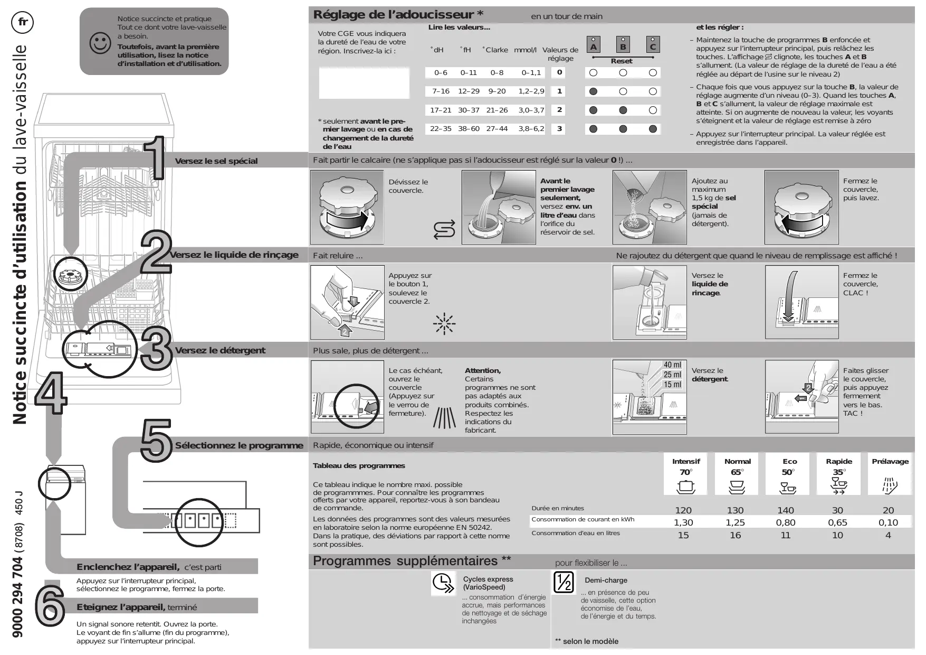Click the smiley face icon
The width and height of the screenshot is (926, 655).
[100, 43]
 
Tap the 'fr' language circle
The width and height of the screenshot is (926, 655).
[23, 22]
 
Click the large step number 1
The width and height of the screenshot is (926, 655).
[154, 158]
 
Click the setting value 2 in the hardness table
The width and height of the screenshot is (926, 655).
[559, 110]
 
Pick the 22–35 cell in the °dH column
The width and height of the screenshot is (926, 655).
[441, 128]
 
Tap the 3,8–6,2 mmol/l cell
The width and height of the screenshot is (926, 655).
[531, 128]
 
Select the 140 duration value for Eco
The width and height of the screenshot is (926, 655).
[785, 510]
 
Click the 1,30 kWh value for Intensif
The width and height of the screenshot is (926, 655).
[683, 522]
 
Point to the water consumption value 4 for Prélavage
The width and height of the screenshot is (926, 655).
[888, 535]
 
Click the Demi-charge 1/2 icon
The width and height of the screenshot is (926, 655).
[564, 583]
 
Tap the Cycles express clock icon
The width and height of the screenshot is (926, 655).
[443, 583]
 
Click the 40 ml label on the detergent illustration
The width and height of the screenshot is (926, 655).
[672, 365]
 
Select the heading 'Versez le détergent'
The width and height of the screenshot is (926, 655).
[220, 350]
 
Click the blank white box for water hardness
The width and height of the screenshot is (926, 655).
[364, 83]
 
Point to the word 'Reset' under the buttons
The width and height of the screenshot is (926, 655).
[622, 61]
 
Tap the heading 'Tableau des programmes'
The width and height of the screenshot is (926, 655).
[359, 466]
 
